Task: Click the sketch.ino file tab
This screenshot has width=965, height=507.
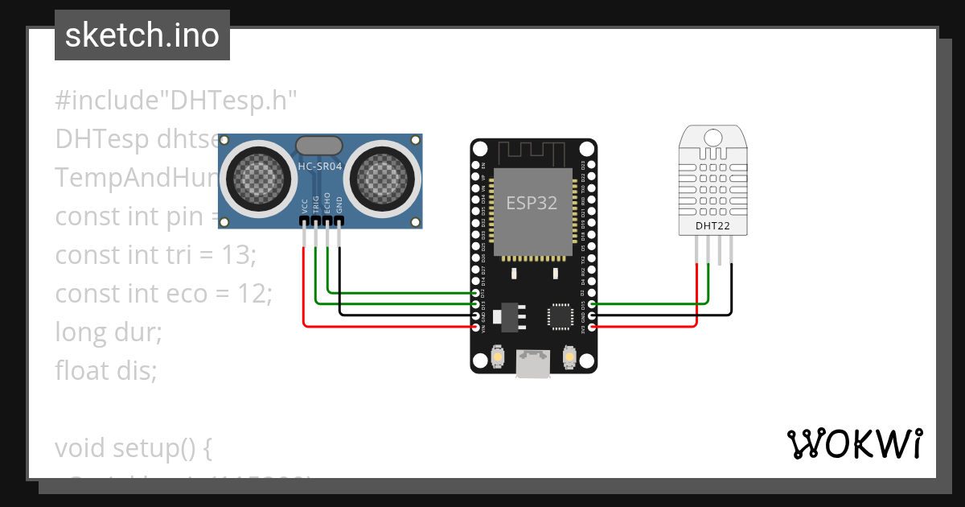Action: pyautogui.click(x=142, y=35)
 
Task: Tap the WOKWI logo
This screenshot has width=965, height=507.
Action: pyautogui.click(x=854, y=443)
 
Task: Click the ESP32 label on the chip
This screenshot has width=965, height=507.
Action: pyautogui.click(x=532, y=203)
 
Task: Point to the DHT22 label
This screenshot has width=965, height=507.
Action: pyautogui.click(x=712, y=227)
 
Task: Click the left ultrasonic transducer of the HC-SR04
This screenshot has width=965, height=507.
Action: pyautogui.click(x=257, y=176)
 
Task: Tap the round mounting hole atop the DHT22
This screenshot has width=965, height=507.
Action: pyautogui.click(x=713, y=137)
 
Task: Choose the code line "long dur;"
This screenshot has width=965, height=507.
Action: pyautogui.click(x=109, y=332)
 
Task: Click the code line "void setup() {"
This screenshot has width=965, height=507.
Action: pyautogui.click(x=133, y=447)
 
